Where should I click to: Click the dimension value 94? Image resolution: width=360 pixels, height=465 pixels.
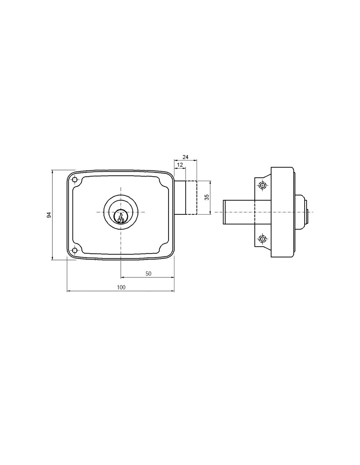pos(49,215)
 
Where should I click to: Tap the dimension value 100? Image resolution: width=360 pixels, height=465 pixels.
pos(121,287)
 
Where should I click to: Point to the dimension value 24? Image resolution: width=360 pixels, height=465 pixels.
pos(185,157)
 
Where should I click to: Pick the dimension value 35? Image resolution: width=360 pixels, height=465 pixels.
pos(207,197)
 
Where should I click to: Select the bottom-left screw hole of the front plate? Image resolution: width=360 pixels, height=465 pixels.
pos(75,250)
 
